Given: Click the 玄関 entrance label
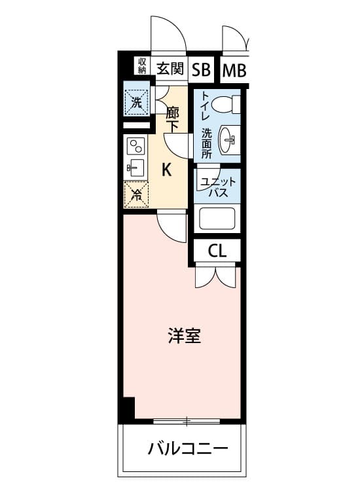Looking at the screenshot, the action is click(x=170, y=69).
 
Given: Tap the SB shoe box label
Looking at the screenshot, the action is click(x=201, y=70).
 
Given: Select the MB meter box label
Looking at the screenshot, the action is click(x=234, y=71).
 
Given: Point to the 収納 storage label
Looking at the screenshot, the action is click(x=142, y=65).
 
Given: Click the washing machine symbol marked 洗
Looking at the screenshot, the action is click(x=136, y=102).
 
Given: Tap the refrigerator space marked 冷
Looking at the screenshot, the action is click(x=136, y=195).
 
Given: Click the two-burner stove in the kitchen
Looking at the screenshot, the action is click(x=136, y=146).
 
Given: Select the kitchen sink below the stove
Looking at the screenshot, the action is click(x=135, y=168).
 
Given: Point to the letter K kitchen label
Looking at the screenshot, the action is click(x=166, y=170).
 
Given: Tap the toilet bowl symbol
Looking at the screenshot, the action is click(x=225, y=104).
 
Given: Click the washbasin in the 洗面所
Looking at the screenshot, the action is click(x=230, y=139).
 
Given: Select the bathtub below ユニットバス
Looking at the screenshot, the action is click(x=217, y=219).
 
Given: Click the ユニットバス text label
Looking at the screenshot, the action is click(x=218, y=187).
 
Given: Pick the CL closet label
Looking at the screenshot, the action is click(x=217, y=251).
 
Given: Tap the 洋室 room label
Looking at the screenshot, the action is click(x=185, y=335).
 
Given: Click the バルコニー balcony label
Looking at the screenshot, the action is click(x=188, y=449).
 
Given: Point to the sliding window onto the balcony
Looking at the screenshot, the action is click(x=187, y=421).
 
